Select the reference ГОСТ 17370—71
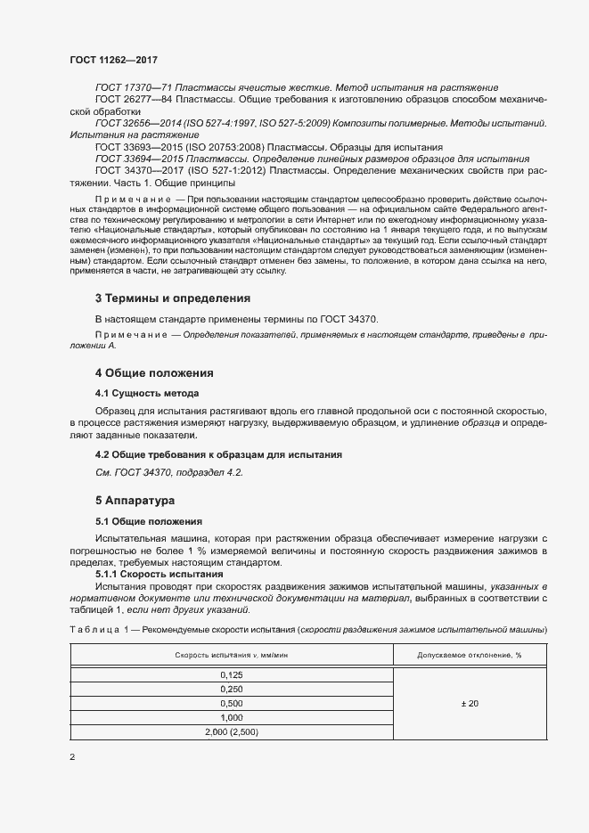coord(134,87)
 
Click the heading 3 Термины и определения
coord(172,298)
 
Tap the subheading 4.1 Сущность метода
coord(147,393)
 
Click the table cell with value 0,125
coord(231,675)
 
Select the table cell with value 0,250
coord(231,689)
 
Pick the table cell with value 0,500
coord(231,703)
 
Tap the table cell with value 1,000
coord(231,717)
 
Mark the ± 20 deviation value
coord(469,704)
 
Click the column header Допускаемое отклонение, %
coord(469,656)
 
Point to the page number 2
coord(72,757)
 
